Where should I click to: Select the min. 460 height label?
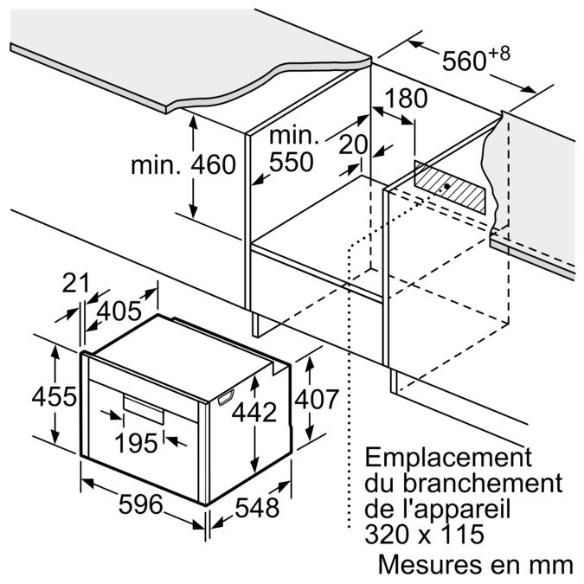point(184,165)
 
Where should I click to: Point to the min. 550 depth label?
point(293,149)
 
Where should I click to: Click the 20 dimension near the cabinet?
point(353,144)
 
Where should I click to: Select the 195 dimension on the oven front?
point(137,444)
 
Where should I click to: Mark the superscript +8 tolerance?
point(499,54)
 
